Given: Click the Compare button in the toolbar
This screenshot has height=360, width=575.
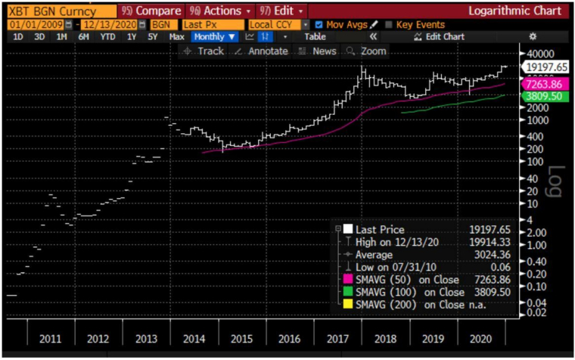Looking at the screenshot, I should pos(151,11).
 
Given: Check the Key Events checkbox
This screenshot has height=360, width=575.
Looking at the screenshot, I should pos(389,25).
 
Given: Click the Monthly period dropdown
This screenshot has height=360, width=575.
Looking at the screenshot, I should pos(214,36).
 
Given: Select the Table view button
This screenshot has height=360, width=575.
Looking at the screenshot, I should pos(315,36).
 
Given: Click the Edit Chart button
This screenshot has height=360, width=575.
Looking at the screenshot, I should pos(439,36).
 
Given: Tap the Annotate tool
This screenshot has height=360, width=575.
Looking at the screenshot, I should pos(262,51).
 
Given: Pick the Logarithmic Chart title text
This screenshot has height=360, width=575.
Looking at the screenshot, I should pos(514,11).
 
